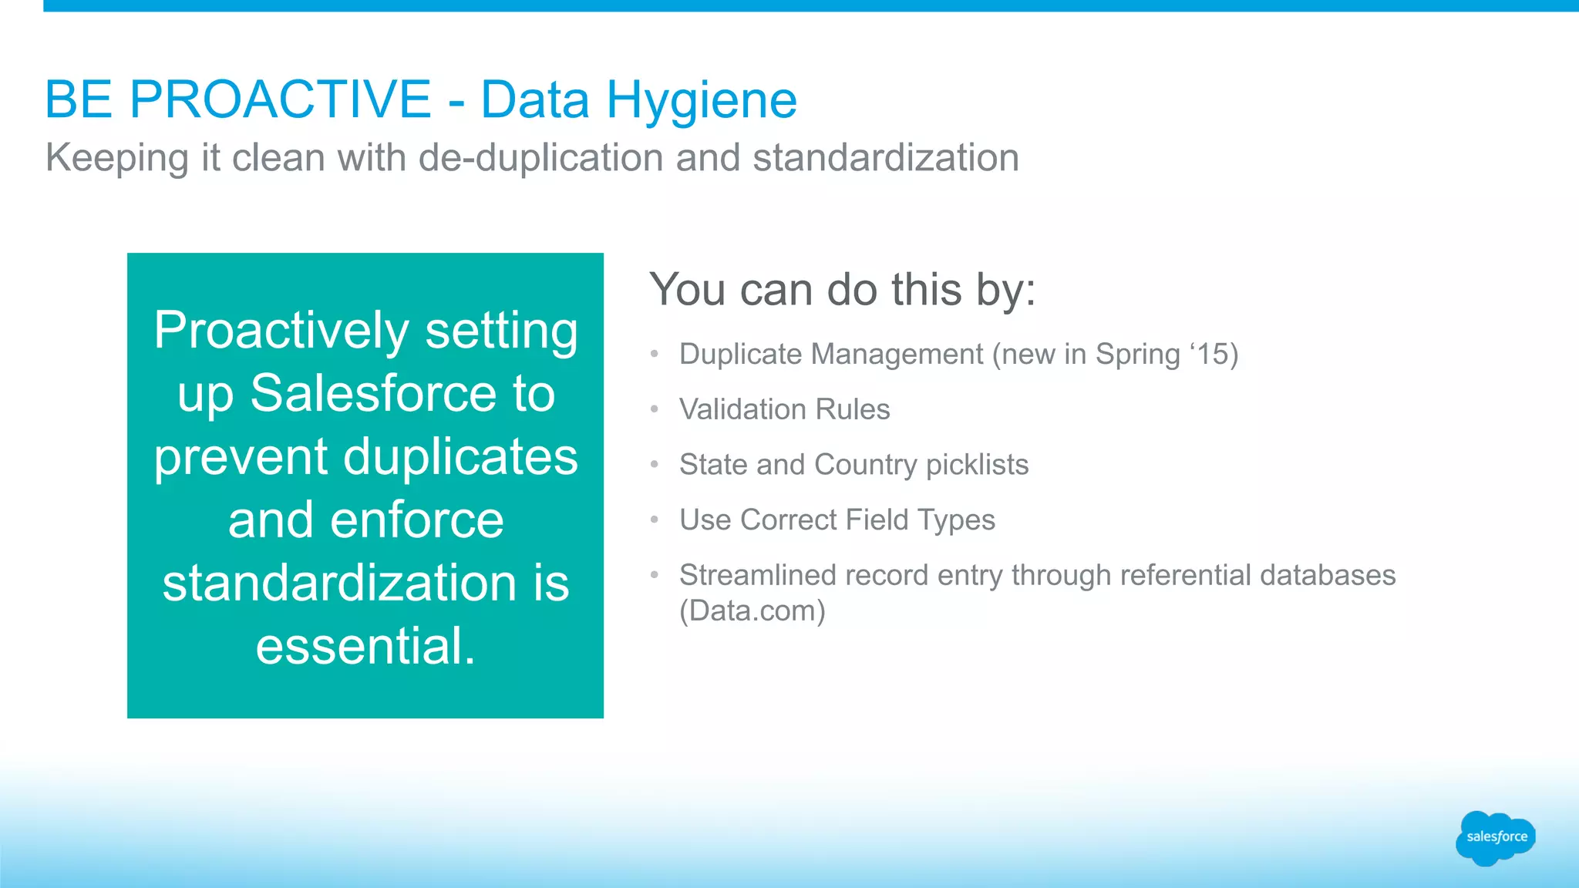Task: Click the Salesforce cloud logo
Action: pyautogui.click(x=1495, y=837)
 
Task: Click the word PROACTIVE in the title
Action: pyautogui.click(x=280, y=99)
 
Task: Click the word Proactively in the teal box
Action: pyautogui.click(x=281, y=331)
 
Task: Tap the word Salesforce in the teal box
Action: pyautogui.click(x=373, y=394)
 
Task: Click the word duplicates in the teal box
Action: pyautogui.click(x=460, y=457)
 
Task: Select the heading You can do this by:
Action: pyautogui.click(x=842, y=291)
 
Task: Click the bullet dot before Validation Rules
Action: pyautogui.click(x=655, y=409)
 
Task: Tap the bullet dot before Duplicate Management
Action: pyautogui.click(x=655, y=355)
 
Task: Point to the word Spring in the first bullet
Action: pyautogui.click(x=1138, y=355)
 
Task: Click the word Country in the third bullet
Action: pyautogui.click(x=865, y=465)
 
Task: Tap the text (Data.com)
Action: pyautogui.click(x=752, y=611)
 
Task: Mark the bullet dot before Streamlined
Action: pyautogui.click(x=655, y=575)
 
